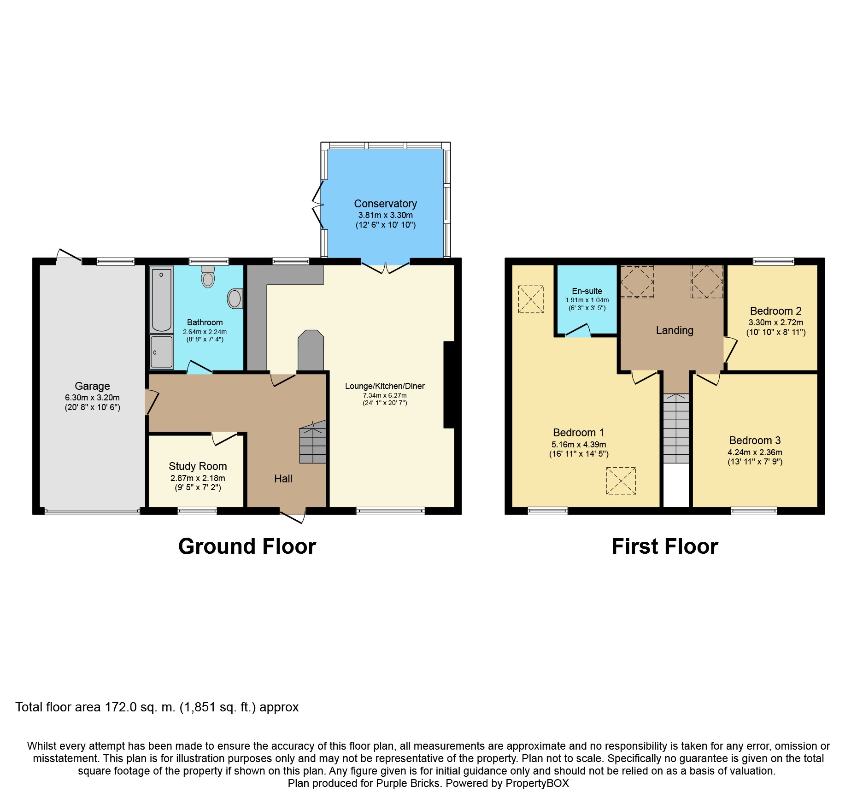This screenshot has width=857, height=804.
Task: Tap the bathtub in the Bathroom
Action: click(162, 299)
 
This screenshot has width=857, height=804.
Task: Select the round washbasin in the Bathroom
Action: click(235, 299)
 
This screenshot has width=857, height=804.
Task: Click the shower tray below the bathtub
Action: click(161, 352)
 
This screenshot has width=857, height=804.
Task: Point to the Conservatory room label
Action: click(385, 204)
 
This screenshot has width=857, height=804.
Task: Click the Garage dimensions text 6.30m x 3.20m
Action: click(92, 397)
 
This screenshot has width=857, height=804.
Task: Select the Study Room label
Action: click(198, 466)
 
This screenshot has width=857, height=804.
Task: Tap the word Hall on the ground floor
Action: click(283, 479)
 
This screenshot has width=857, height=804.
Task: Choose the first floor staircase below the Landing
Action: click(676, 428)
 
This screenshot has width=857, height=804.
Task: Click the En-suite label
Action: click(587, 291)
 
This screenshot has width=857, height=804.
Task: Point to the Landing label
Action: click(675, 330)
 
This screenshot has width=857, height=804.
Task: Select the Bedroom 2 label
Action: click(775, 311)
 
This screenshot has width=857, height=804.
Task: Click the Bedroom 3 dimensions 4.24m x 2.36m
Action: click(755, 452)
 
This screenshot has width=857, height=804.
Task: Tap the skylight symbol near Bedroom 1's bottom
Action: click(621, 481)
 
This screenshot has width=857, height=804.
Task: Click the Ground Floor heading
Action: click(247, 546)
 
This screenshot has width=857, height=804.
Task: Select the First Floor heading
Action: click(664, 546)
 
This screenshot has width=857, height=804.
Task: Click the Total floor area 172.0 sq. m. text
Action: click(157, 707)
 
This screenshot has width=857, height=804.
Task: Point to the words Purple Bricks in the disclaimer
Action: click(408, 783)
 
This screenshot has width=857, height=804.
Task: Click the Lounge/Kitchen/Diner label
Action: click(385, 386)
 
